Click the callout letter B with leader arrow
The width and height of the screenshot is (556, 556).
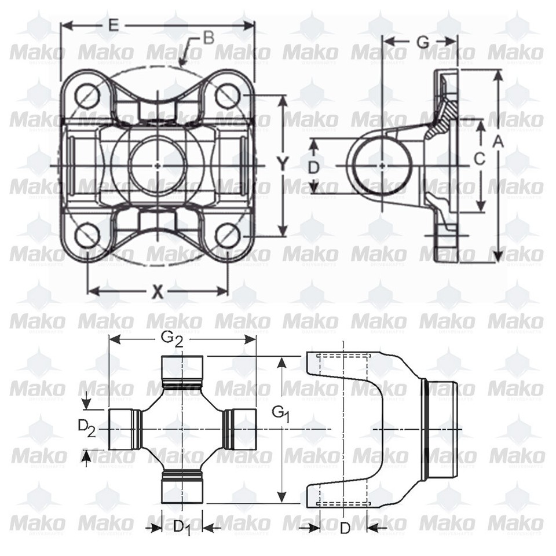pos(209,39)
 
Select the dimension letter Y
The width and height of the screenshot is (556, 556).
pos(281,164)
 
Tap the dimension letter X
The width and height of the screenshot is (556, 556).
pos(157,291)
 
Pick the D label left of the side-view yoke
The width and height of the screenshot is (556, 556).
pos(313,168)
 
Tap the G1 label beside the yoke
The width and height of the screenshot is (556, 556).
pos(281,414)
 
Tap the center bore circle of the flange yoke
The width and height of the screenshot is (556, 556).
pos(158,164)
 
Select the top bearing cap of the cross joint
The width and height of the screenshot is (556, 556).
pos(181,370)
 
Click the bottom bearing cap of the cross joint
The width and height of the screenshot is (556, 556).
pos(181,485)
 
